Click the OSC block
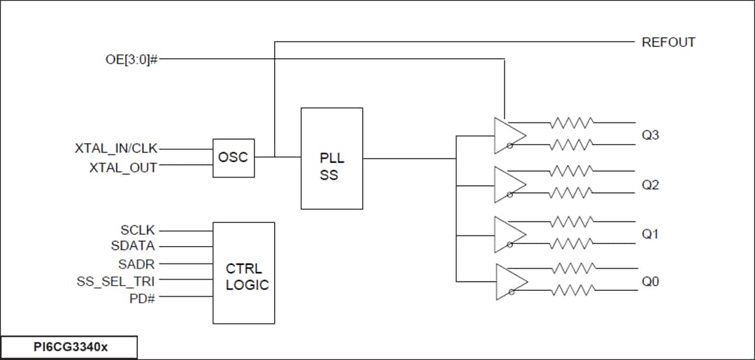(x=233, y=157)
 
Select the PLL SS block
(x=331, y=159)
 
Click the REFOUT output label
(x=668, y=42)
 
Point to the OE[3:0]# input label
(x=127, y=59)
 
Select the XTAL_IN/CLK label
(x=116, y=148)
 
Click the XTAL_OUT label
(x=123, y=168)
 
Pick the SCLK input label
(x=138, y=230)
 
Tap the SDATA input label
(x=133, y=246)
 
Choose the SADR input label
(x=136, y=264)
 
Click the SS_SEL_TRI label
(x=116, y=281)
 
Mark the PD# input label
(x=142, y=298)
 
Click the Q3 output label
(x=650, y=135)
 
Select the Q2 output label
(x=650, y=185)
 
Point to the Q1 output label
(x=650, y=234)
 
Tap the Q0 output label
(x=650, y=282)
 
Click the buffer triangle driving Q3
(x=508, y=135)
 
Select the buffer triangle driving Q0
(x=508, y=282)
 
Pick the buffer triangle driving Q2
(x=508, y=185)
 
